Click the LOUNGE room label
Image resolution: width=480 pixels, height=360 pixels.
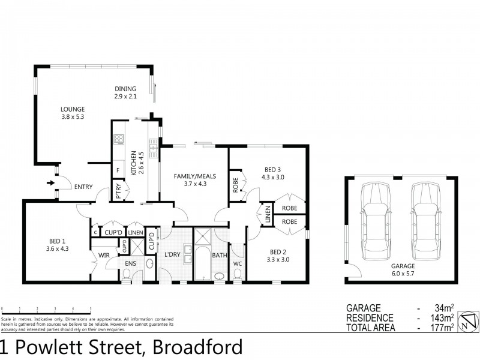(72, 109)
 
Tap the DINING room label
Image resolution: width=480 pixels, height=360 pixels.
(125, 89)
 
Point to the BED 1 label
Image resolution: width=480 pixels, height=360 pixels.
(58, 243)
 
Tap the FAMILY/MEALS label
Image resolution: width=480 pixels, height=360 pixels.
(190, 176)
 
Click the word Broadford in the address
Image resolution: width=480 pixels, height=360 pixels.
(197, 347)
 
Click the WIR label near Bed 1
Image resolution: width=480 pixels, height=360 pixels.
(103, 255)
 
